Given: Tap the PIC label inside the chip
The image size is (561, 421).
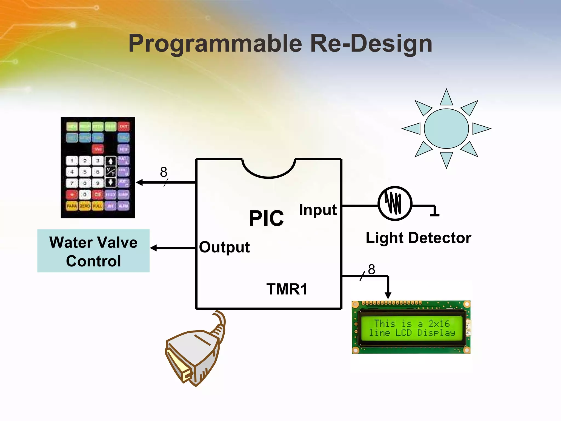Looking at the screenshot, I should click(x=266, y=218).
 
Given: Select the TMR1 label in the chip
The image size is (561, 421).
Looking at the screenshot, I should click(x=287, y=289).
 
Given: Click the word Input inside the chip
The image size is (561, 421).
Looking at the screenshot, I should click(x=318, y=210).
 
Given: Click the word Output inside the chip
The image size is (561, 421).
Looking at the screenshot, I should click(x=224, y=247).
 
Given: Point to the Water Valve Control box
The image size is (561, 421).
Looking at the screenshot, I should click(x=93, y=251).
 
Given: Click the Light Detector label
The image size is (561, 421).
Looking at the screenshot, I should click(x=418, y=238).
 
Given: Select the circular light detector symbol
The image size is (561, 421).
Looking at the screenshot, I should click(x=395, y=203).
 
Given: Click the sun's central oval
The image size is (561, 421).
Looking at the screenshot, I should click(x=446, y=129).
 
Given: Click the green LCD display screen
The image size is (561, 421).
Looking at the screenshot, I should click(x=412, y=328).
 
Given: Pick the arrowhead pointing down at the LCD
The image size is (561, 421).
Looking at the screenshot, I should click(x=388, y=295).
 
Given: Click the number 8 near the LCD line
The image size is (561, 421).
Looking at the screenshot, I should click(x=371, y=269).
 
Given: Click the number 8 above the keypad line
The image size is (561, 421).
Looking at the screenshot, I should click(x=164, y=172).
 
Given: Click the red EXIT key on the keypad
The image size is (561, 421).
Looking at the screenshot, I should click(x=124, y=127).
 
